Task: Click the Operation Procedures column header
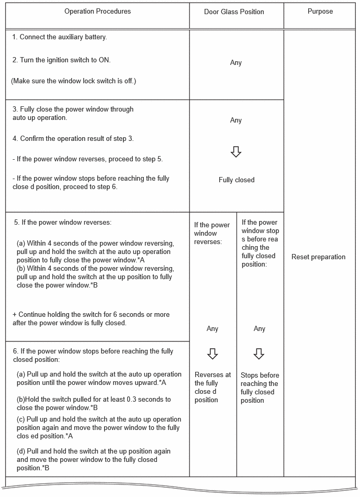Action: tap(97, 11)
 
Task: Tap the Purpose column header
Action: tap(320, 11)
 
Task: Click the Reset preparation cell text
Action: tap(318, 257)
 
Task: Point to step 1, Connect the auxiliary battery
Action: tap(60, 37)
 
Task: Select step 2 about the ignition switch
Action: tap(61, 60)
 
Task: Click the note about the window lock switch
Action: tap(73, 81)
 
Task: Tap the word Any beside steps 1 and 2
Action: tap(236, 63)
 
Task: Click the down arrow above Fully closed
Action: tap(236, 152)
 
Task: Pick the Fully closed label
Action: tap(237, 180)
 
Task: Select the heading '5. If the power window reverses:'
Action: tap(62, 222)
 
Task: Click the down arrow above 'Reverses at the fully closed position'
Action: tap(212, 354)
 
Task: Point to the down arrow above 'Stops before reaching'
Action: tap(259, 354)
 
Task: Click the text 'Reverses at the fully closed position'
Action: tap(212, 388)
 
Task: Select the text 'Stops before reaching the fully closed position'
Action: tap(259, 388)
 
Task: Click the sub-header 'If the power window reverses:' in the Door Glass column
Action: tap(211, 234)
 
